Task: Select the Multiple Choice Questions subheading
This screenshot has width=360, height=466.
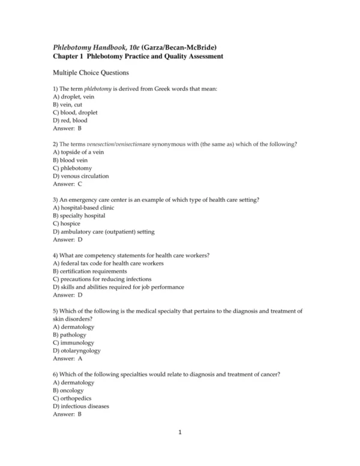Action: (x=91, y=73)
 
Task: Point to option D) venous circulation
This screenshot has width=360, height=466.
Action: (x=80, y=177)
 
